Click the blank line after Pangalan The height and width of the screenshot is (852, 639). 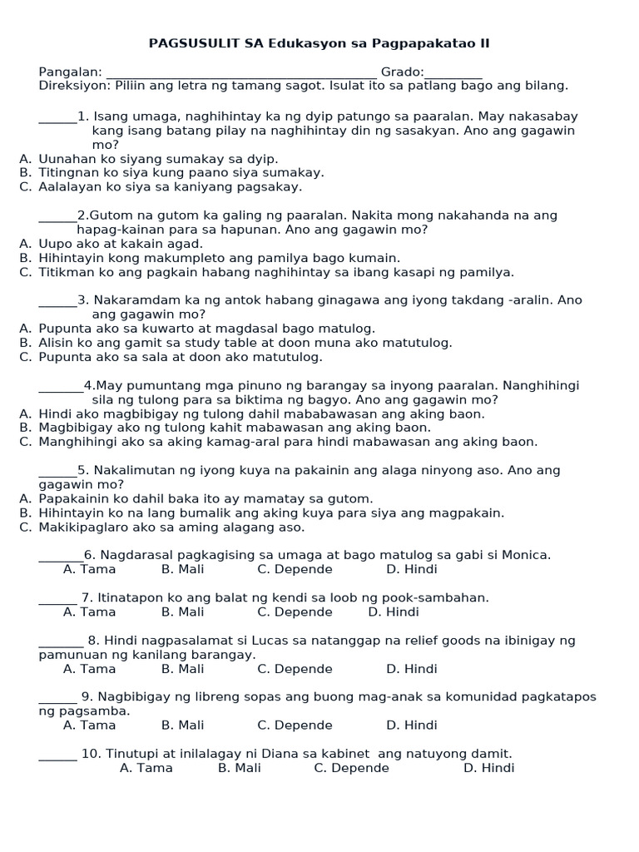pos(241,75)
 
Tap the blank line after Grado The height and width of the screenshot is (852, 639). pos(453,75)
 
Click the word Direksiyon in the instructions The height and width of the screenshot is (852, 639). pos(73,86)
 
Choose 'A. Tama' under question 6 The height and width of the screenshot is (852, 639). pos(90,569)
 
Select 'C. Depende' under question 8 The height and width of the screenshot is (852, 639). pos(295,669)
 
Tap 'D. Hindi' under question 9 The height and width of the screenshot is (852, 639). pos(411,726)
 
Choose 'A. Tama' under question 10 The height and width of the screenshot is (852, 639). pos(146,768)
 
